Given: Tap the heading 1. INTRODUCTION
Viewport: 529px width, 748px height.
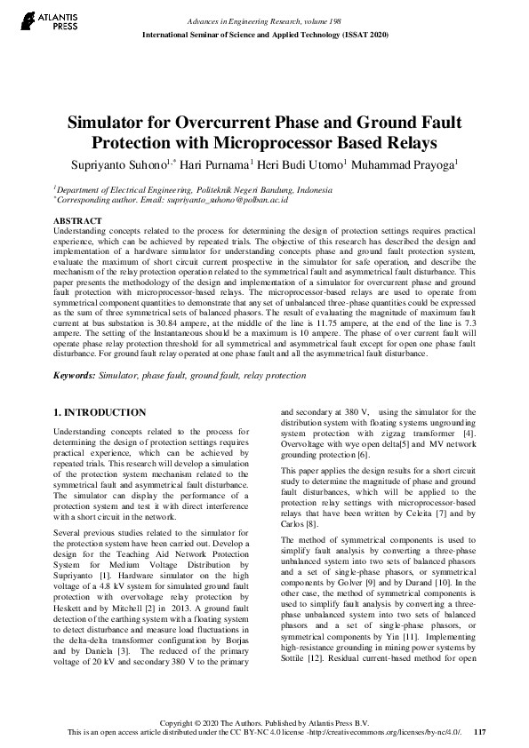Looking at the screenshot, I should point(100,413).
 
